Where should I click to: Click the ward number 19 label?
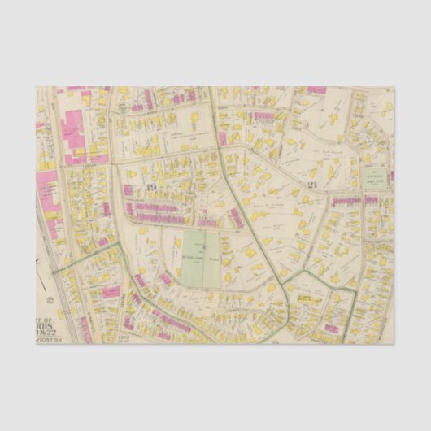coord(152,187)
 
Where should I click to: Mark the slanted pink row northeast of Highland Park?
coord(237,217)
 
